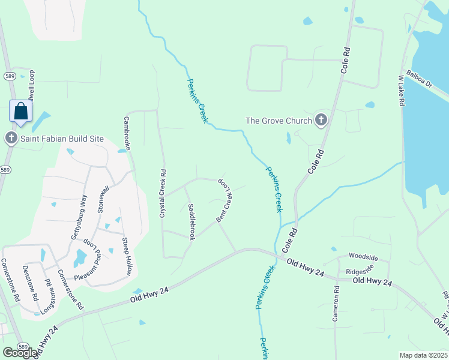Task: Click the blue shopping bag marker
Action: pos(21,112)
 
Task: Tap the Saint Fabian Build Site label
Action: pos(63,139)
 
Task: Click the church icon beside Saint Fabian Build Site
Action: pos(11,139)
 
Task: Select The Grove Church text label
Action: pos(279,121)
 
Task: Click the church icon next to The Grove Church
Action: pos(321,121)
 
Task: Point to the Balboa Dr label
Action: pos(419,79)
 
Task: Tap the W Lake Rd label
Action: pos(402,91)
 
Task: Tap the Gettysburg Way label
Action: pos(79,217)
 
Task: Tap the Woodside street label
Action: pos(364,258)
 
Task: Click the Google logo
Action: pos(20,353)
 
